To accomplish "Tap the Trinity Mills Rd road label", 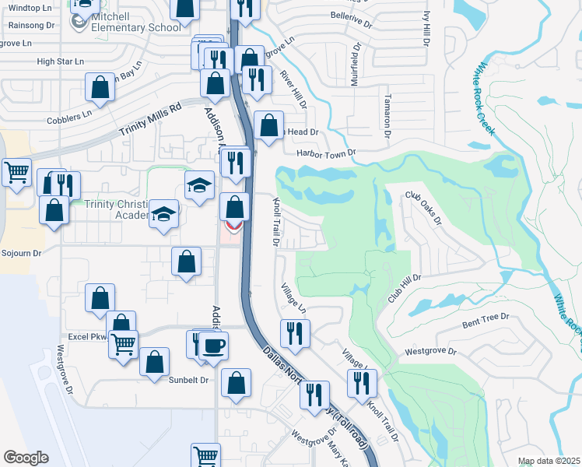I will tap(149, 121).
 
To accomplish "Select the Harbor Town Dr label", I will tap(325, 153).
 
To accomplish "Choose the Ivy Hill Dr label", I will tap(426, 27).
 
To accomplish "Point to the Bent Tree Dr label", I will tap(485, 320).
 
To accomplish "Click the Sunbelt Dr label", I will tap(189, 380).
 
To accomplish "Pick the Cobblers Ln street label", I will tap(70, 113).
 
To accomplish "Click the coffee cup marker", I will tap(214, 346).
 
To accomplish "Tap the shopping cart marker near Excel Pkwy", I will tap(123, 343).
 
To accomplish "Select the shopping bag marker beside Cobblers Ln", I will tap(100, 88).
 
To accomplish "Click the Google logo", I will tap(26, 457).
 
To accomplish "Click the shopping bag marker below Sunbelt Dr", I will tap(236, 384).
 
